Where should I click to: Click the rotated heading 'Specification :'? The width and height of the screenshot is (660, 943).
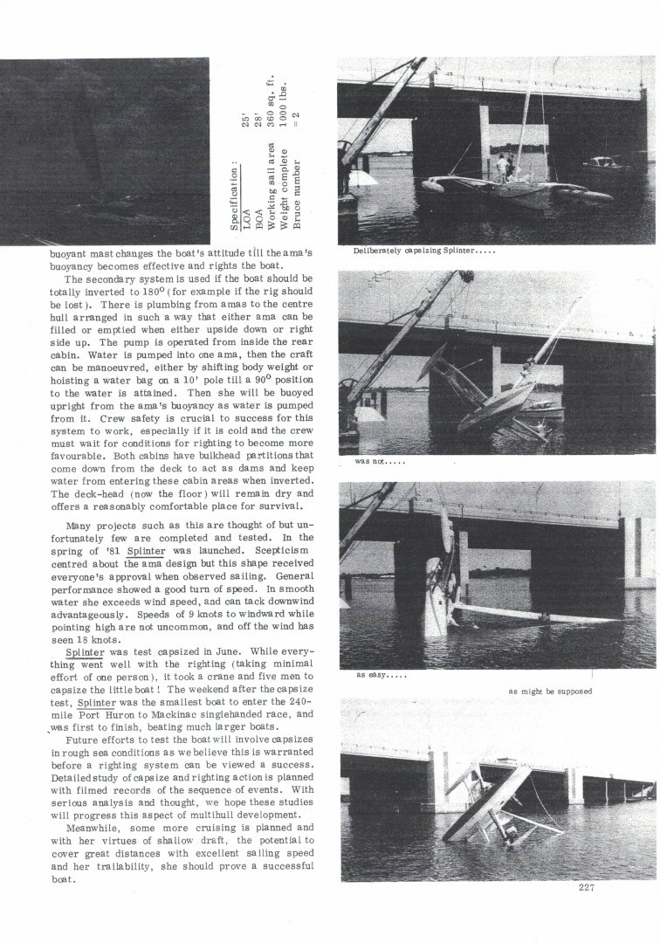[236, 198]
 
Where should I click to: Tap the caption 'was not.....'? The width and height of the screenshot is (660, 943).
[376, 461]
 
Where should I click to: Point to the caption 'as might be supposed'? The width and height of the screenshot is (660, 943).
[551, 692]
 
